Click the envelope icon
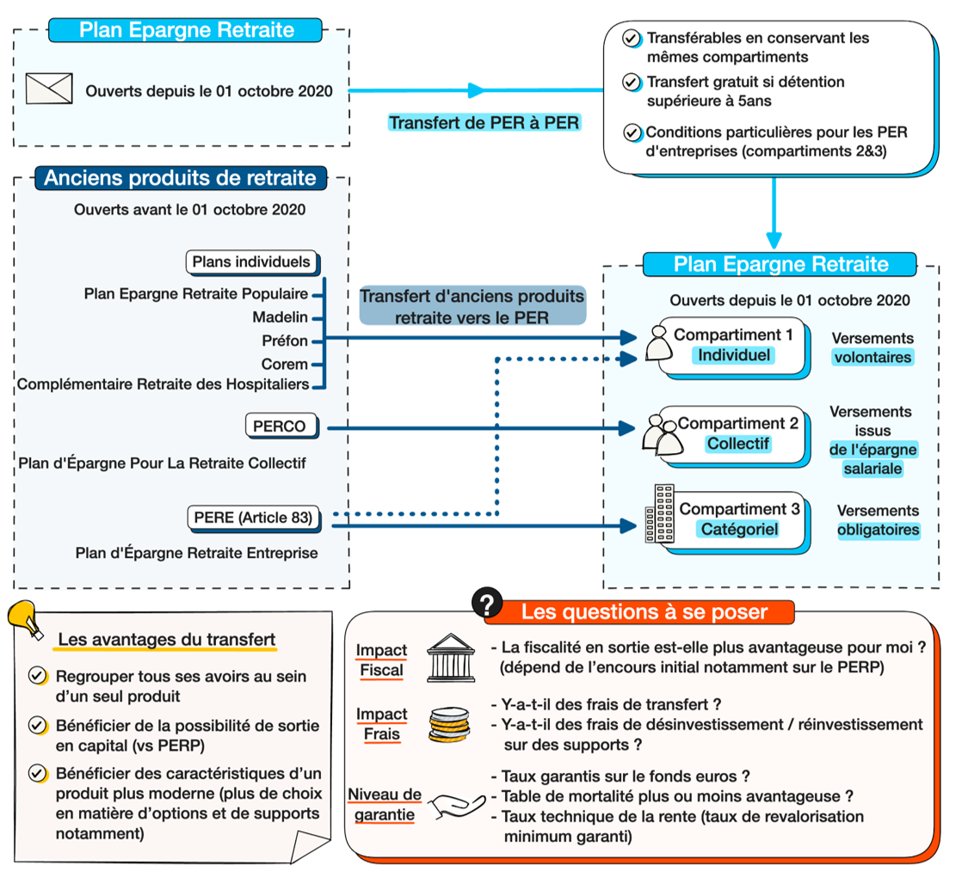coord(49,89)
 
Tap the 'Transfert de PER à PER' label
coord(484,123)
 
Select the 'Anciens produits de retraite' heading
coord(180,179)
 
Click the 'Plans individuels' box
coord(251,261)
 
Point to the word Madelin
coord(280,317)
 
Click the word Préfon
coord(285,340)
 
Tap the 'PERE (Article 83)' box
coord(253,518)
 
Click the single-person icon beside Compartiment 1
coord(659,341)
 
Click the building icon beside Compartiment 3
coord(661,513)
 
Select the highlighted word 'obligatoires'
coord(878,530)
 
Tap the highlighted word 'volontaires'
coord(872,357)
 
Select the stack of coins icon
coord(450,725)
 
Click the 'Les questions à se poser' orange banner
coord(644,612)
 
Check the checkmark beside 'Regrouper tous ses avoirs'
coord(38,676)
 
